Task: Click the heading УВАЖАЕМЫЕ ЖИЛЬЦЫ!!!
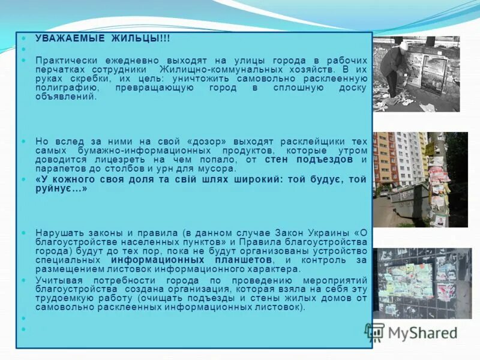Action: [x=103, y=38]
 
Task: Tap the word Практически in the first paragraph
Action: [x=64, y=61]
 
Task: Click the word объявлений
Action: [x=65, y=97]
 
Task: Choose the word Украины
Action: [x=327, y=232]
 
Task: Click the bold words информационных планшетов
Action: [x=192, y=261]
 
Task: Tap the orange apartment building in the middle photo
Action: [x=384, y=159]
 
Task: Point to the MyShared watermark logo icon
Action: [x=375, y=332]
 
